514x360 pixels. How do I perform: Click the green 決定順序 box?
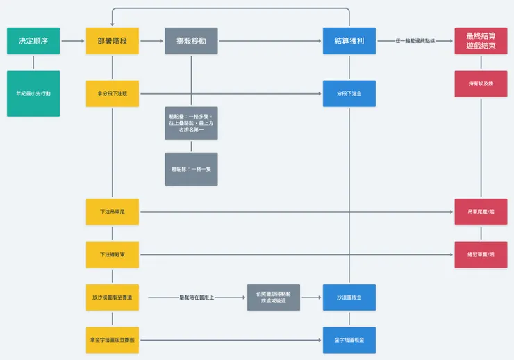[x=33, y=41]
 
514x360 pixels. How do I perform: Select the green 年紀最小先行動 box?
[x=33, y=93]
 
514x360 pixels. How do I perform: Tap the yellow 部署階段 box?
[x=113, y=41]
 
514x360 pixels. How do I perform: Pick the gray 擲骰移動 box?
[x=191, y=41]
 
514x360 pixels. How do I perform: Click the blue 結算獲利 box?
[x=349, y=41]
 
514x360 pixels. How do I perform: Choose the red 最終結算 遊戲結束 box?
[x=480, y=41]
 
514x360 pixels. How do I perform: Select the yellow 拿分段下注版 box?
[x=113, y=93]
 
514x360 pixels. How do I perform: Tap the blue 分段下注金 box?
[x=349, y=93]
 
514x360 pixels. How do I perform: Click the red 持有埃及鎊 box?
[x=480, y=83]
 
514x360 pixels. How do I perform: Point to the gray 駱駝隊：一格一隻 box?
[x=191, y=169]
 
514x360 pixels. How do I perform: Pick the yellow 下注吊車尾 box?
[x=113, y=211]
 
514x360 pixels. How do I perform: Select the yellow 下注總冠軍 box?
[x=113, y=254]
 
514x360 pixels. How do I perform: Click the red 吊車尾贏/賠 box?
[x=480, y=211]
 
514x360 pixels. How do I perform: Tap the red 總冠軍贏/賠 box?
[x=480, y=254]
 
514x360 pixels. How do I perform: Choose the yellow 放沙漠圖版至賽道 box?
[x=113, y=297]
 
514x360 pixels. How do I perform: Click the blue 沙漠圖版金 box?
[x=349, y=297]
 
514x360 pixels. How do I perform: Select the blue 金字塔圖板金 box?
[x=349, y=340]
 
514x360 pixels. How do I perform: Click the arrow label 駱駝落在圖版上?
[x=196, y=297]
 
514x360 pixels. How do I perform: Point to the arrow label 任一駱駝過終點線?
[x=415, y=41]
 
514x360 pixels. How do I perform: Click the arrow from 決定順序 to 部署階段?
[x=73, y=41]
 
